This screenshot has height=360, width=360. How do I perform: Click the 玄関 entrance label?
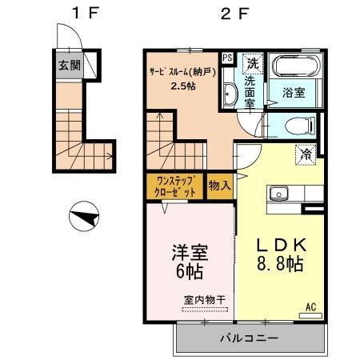click(68, 66)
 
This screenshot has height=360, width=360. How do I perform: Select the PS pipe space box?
click(227, 58)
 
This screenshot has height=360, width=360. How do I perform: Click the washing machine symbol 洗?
click(251, 62)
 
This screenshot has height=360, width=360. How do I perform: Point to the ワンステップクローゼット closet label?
click(174, 187)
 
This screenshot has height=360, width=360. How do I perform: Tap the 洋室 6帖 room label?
click(190, 263)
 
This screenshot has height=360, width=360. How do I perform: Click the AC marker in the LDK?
click(310, 305)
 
